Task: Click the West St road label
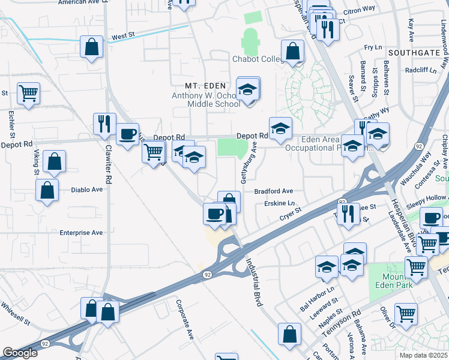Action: pos(122,37)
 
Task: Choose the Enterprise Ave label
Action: pos(81,232)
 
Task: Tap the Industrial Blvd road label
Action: pos(254,283)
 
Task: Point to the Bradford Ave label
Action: pos(273,191)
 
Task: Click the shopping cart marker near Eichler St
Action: pos(28,94)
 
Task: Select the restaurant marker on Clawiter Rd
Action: pos(105,124)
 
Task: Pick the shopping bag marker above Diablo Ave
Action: pos(54,161)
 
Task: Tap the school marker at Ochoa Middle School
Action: pos(247,90)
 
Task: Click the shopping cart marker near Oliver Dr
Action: pos(406,313)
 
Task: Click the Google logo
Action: pos(20,353)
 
